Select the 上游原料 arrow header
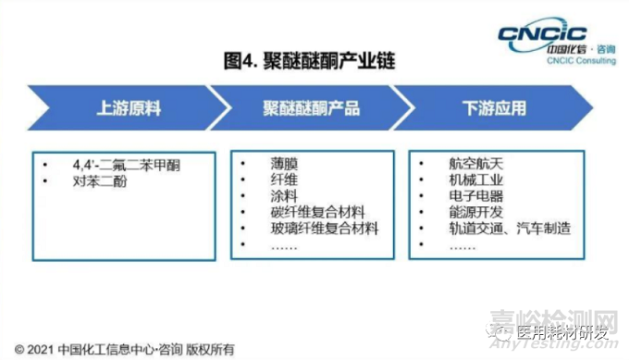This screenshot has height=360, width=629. [129, 108]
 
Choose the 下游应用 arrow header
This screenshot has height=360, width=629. [494, 108]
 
